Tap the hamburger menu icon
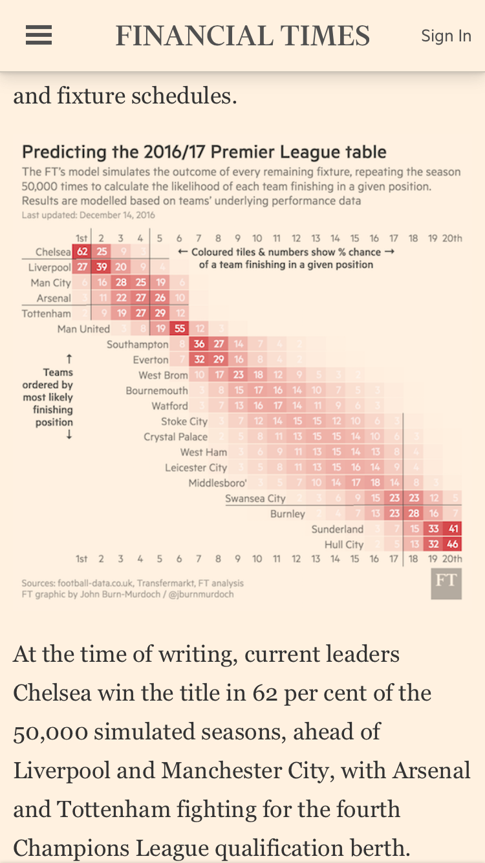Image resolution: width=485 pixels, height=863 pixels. pyautogui.click(x=39, y=36)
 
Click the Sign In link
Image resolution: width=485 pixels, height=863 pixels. pyautogui.click(x=446, y=36)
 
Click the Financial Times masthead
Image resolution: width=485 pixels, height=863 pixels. pyautogui.click(x=242, y=36)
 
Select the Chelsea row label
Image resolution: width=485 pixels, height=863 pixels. pyautogui.click(x=53, y=252)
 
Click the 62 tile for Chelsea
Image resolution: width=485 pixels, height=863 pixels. pyautogui.click(x=81, y=252)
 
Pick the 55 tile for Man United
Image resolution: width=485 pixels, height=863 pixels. pyautogui.click(x=180, y=329)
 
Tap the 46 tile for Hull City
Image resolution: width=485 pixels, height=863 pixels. pyautogui.click(x=453, y=545)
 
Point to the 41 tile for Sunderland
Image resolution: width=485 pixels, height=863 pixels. pyautogui.click(x=453, y=529)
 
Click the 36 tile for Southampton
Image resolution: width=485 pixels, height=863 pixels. pyautogui.click(x=199, y=344)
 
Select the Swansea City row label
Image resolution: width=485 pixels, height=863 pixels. pyautogui.click(x=255, y=498)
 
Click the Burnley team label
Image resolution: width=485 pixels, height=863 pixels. pyautogui.click(x=288, y=514)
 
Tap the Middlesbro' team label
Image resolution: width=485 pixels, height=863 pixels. pyautogui.click(x=217, y=483)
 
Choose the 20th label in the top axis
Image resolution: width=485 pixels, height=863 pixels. pyautogui.click(x=452, y=238)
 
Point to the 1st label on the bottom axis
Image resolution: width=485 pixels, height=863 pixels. pyautogui.click(x=81, y=558)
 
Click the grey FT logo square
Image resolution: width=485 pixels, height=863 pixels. pyautogui.click(x=446, y=584)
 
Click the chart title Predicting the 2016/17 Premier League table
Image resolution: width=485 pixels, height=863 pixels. pyautogui.click(x=204, y=153)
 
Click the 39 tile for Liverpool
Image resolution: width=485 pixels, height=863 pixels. pyautogui.click(x=102, y=267)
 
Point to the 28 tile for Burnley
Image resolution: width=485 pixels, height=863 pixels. pyautogui.click(x=414, y=514)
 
